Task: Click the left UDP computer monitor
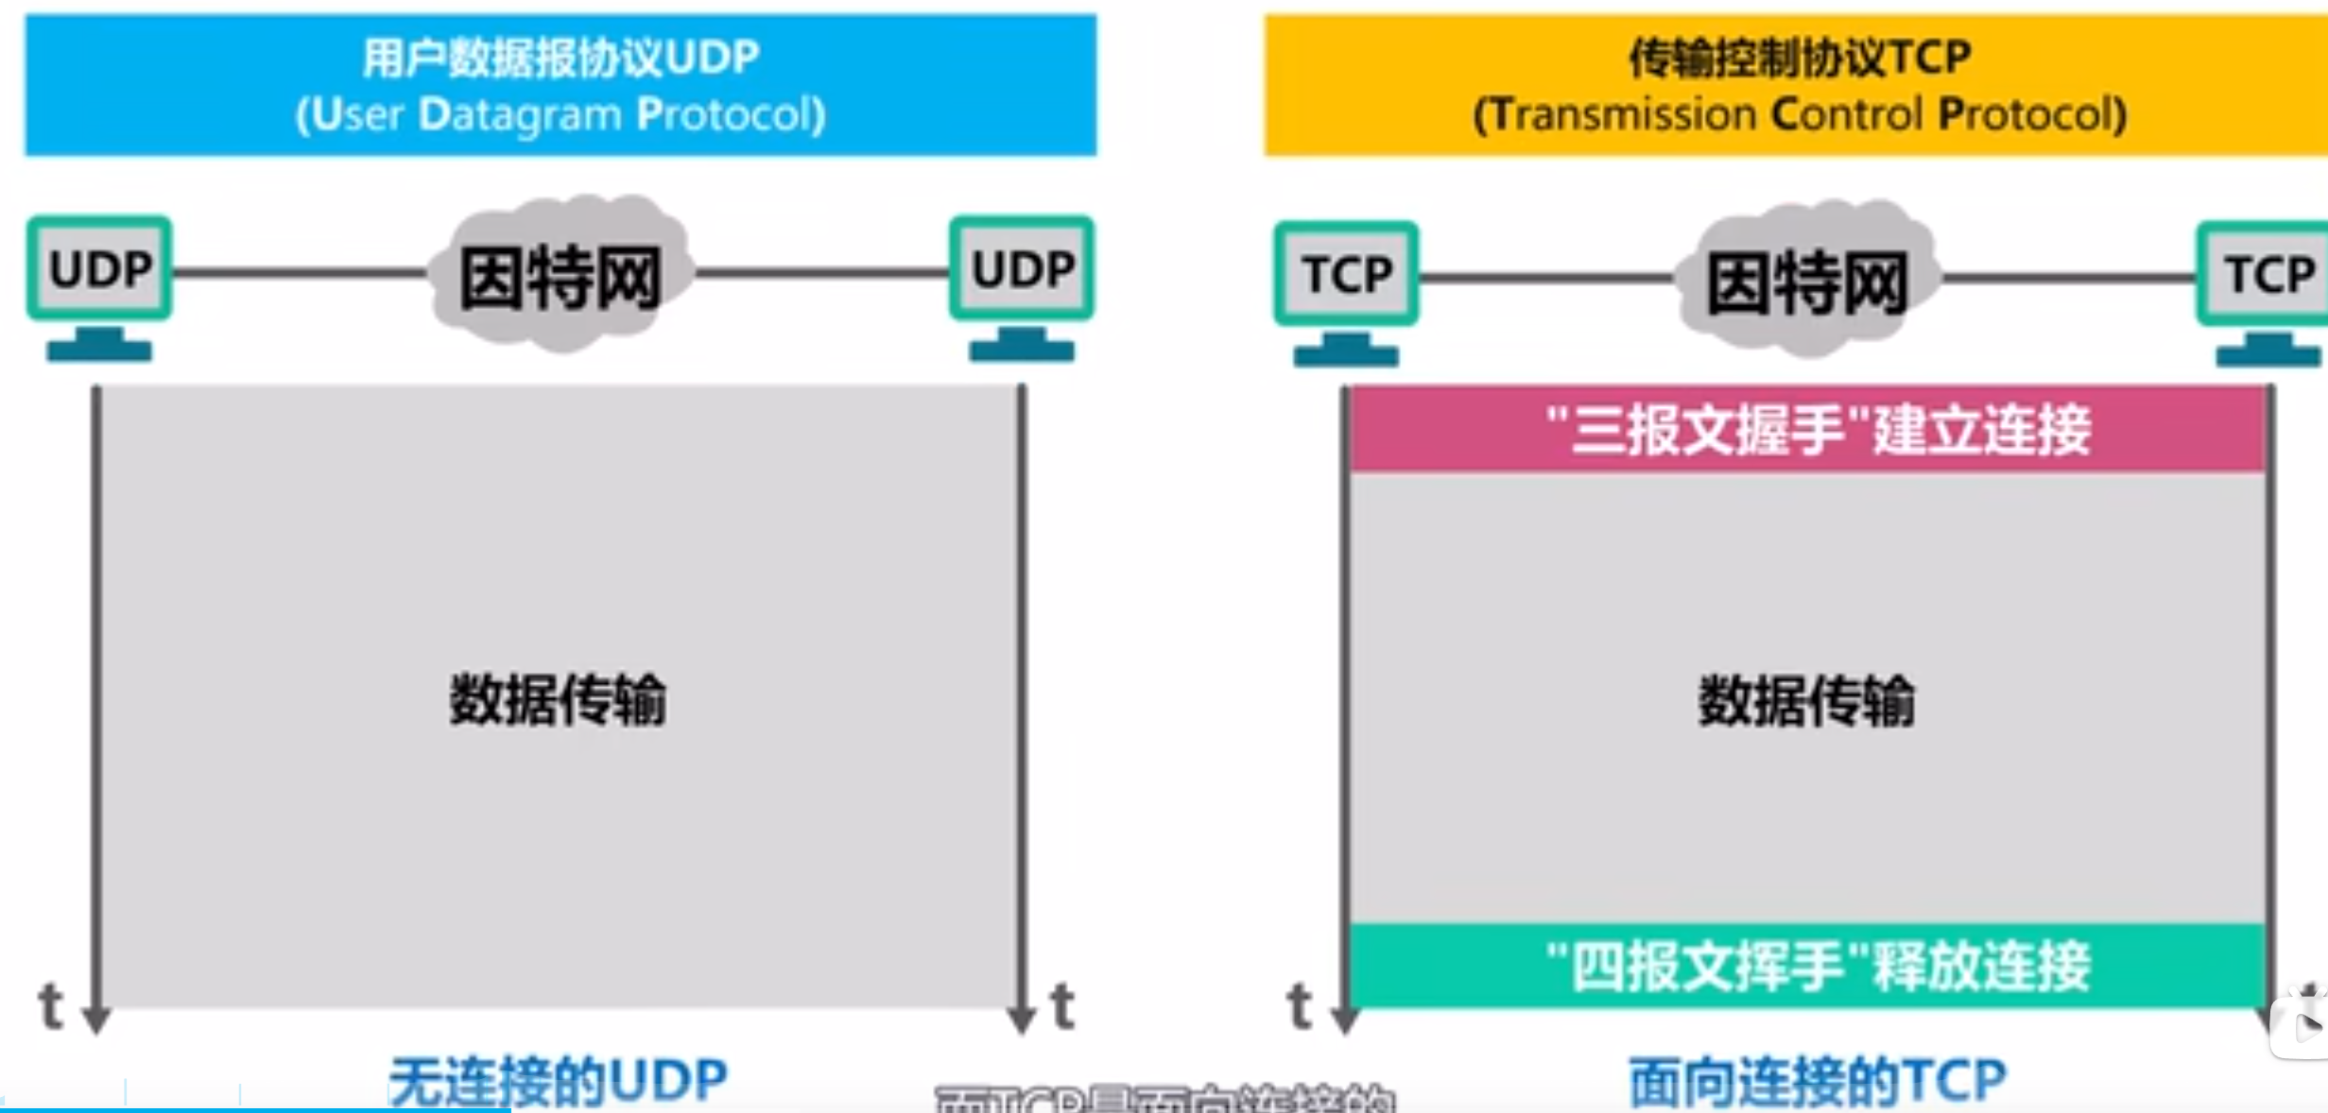coord(99,268)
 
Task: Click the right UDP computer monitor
coord(1022,268)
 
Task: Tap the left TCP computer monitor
coord(1346,274)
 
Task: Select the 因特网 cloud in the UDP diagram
coord(560,276)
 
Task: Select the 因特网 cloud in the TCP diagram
coord(1806,282)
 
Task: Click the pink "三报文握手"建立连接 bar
coord(1807,430)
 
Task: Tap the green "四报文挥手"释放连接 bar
coord(1807,966)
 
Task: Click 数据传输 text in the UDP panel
coord(558,700)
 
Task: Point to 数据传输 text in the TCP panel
coord(1806,701)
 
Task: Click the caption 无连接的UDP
coord(558,1081)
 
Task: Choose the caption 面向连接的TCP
coord(1816,1081)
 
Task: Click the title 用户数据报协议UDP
coord(560,58)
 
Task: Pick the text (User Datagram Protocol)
coord(560,114)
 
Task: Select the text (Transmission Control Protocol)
coord(1800,114)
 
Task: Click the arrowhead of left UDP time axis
coord(96,1019)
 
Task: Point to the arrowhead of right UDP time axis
coord(1021,1019)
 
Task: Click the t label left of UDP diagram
coord(51,1005)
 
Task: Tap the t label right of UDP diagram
coord(1063,1005)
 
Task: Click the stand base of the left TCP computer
coord(1346,355)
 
